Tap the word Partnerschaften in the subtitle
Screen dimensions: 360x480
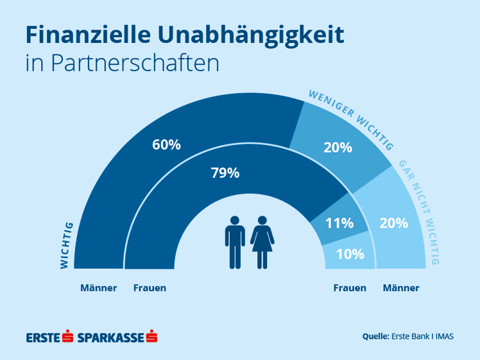[x=135, y=64]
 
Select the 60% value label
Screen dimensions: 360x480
[x=166, y=144]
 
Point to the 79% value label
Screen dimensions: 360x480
[x=225, y=173]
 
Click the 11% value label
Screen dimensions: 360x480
[x=339, y=223]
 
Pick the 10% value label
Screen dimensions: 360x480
[x=350, y=253]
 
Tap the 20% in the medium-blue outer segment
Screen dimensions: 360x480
[x=338, y=147]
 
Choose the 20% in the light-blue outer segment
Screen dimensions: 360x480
[x=393, y=223]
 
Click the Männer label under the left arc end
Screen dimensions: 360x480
[x=99, y=288]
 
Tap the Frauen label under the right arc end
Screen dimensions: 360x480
[x=350, y=288]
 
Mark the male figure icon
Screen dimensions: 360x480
[x=235, y=242]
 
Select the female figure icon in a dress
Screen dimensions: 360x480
[x=262, y=242]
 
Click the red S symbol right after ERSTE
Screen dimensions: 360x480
[x=69, y=336]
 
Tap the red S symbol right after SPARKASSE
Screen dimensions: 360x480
[x=152, y=336]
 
